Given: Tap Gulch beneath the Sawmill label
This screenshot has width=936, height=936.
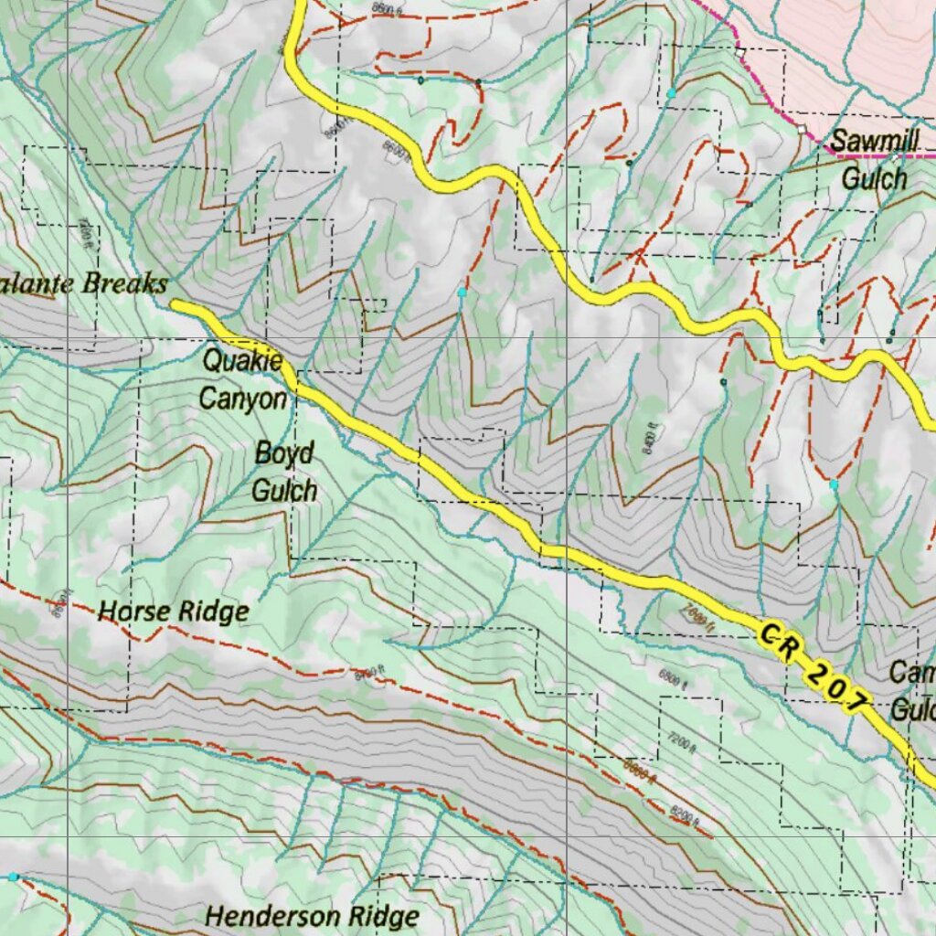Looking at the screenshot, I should point(874,178).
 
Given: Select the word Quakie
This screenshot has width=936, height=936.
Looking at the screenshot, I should point(242,361).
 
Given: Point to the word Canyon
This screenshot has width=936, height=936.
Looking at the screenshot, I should point(242,399).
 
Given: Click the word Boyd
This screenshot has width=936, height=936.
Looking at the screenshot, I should point(284,453).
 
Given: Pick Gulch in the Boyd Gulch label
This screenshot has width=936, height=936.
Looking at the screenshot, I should point(284,491).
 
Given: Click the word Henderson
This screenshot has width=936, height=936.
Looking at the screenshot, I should point(270,915).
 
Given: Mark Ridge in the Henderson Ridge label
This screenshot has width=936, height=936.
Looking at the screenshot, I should point(383,916).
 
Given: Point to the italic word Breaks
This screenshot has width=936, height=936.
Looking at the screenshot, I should point(123,283).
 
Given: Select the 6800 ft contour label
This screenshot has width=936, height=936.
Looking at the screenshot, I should point(671,676).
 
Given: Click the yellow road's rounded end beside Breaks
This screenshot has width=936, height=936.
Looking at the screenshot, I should point(176,306).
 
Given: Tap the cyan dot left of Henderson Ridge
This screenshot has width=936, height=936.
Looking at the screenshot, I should point(13,877).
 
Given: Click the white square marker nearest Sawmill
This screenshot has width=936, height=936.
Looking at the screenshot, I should point(802,130).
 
